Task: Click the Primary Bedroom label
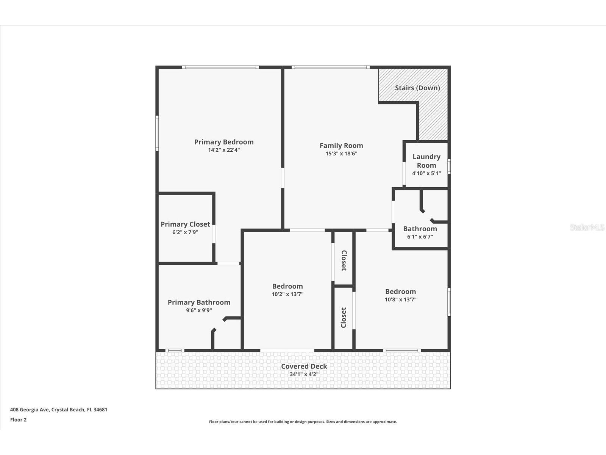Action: tap(224, 142)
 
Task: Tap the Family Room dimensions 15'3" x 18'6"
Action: tap(341, 154)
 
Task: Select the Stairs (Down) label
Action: tap(417, 88)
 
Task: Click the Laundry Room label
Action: tap(426, 161)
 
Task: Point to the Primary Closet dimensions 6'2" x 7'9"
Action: tap(185, 232)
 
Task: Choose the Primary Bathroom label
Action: tap(199, 302)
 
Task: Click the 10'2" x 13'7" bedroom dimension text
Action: tap(287, 294)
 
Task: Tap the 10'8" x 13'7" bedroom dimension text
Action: tap(400, 300)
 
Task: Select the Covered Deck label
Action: tap(304, 366)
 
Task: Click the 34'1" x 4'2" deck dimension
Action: tap(304, 374)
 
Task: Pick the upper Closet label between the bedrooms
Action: tap(344, 260)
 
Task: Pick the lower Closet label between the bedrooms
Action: tap(344, 317)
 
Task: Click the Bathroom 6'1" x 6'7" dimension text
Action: tap(420, 237)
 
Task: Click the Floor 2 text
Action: tap(18, 420)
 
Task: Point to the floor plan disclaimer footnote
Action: tap(303, 422)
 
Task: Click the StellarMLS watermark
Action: tap(587, 227)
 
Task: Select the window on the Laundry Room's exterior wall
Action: tap(449, 166)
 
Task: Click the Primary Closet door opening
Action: tap(214, 234)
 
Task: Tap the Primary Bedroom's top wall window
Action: tap(220, 67)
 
